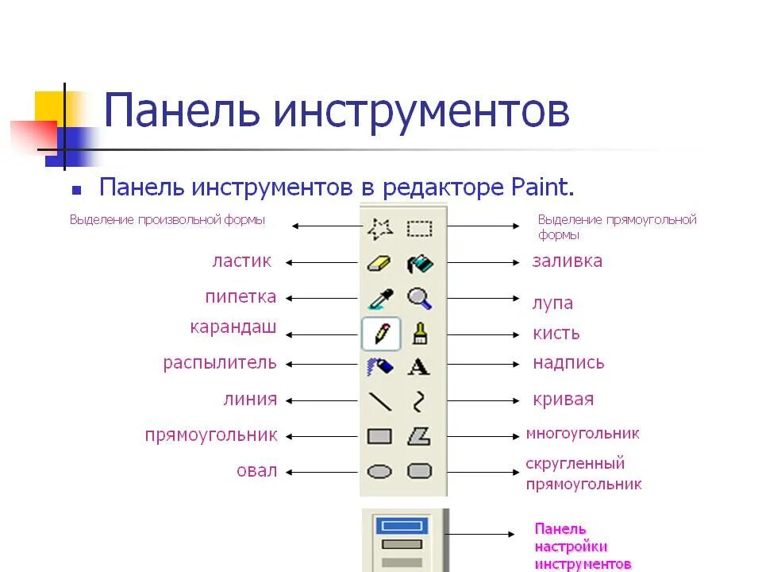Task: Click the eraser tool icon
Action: pyautogui.click(x=380, y=263)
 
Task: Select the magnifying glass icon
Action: pyautogui.click(x=419, y=299)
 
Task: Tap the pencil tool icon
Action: pyautogui.click(x=380, y=334)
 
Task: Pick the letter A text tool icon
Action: pyautogui.click(x=419, y=367)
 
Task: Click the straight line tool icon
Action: pyautogui.click(x=380, y=401)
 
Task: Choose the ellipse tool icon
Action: pyautogui.click(x=380, y=471)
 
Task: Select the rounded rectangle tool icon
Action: pyautogui.click(x=419, y=471)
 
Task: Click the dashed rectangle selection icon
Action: pyautogui.click(x=419, y=230)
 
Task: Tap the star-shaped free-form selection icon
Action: pyautogui.click(x=380, y=230)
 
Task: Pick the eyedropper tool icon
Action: pyautogui.click(x=380, y=299)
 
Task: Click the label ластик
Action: pyautogui.click(x=241, y=261)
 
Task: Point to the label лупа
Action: pyautogui.click(x=552, y=303)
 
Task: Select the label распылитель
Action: pyautogui.click(x=220, y=363)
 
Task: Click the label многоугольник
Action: pyautogui.click(x=582, y=434)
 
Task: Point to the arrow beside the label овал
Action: pyautogui.click(x=322, y=472)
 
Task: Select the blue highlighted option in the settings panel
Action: pyautogui.click(x=401, y=525)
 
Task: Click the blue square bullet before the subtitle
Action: pyautogui.click(x=76, y=191)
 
